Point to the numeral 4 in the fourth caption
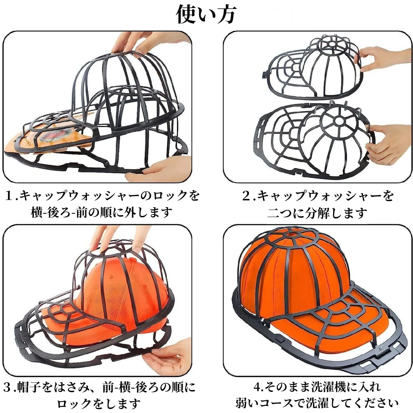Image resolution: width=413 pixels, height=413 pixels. [x=258, y=387]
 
